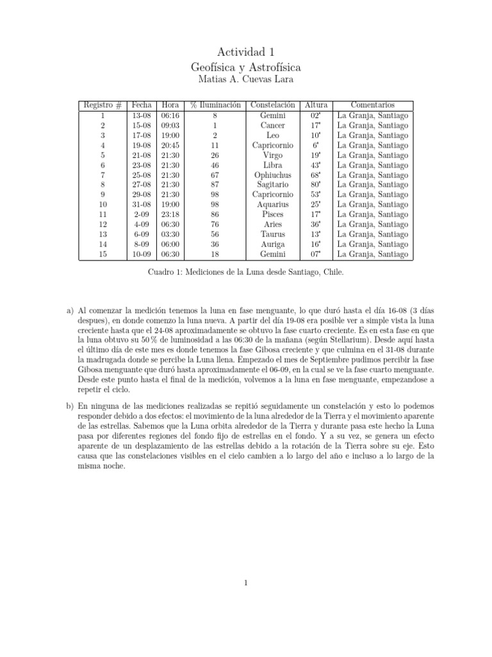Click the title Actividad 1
[245, 51]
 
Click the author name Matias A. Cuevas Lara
[245, 80]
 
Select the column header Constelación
[273, 105]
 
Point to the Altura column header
[316, 105]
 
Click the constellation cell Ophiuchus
[273, 175]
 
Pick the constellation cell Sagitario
[273, 185]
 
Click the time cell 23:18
[170, 214]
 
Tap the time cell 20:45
[170, 146]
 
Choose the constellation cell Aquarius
[273, 205]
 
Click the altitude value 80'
[316, 185]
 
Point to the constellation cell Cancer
[273, 126]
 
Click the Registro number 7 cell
[102, 175]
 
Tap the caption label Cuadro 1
[165, 272]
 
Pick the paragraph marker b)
[71, 406]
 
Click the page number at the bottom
[245, 583]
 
